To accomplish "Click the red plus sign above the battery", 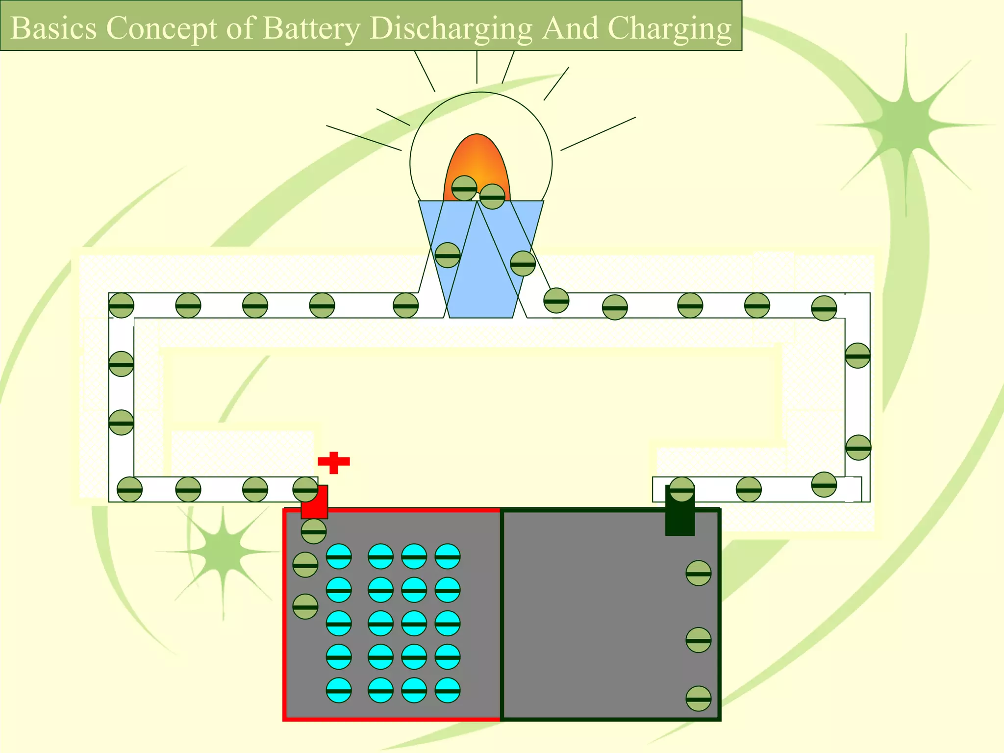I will click(334, 462).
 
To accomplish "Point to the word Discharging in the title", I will click(451, 28).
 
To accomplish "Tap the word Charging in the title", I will click(669, 28).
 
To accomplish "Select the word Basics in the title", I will click(53, 28).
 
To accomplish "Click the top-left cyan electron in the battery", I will click(339, 556).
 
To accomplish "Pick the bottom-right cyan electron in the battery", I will click(448, 690).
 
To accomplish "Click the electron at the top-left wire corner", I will click(121, 305).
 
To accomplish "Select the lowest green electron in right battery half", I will click(698, 699).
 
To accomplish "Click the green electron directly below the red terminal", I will click(314, 531).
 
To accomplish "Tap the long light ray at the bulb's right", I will click(598, 133).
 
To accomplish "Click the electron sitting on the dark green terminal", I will click(681, 489).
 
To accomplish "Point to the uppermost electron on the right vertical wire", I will click(857, 355).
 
